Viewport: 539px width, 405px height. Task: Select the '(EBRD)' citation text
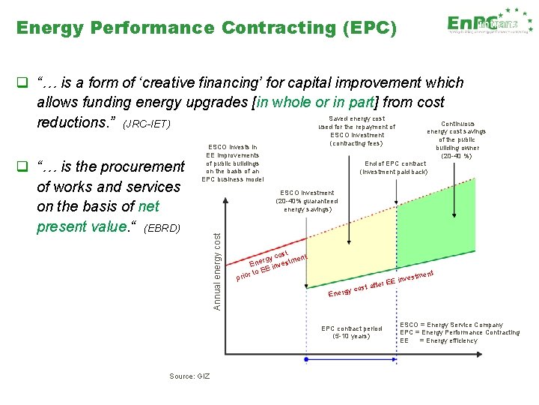162,227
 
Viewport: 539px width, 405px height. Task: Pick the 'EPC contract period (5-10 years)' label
351,332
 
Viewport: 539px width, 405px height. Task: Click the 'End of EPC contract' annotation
395,167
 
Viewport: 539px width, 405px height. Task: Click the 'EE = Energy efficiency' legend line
439,340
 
